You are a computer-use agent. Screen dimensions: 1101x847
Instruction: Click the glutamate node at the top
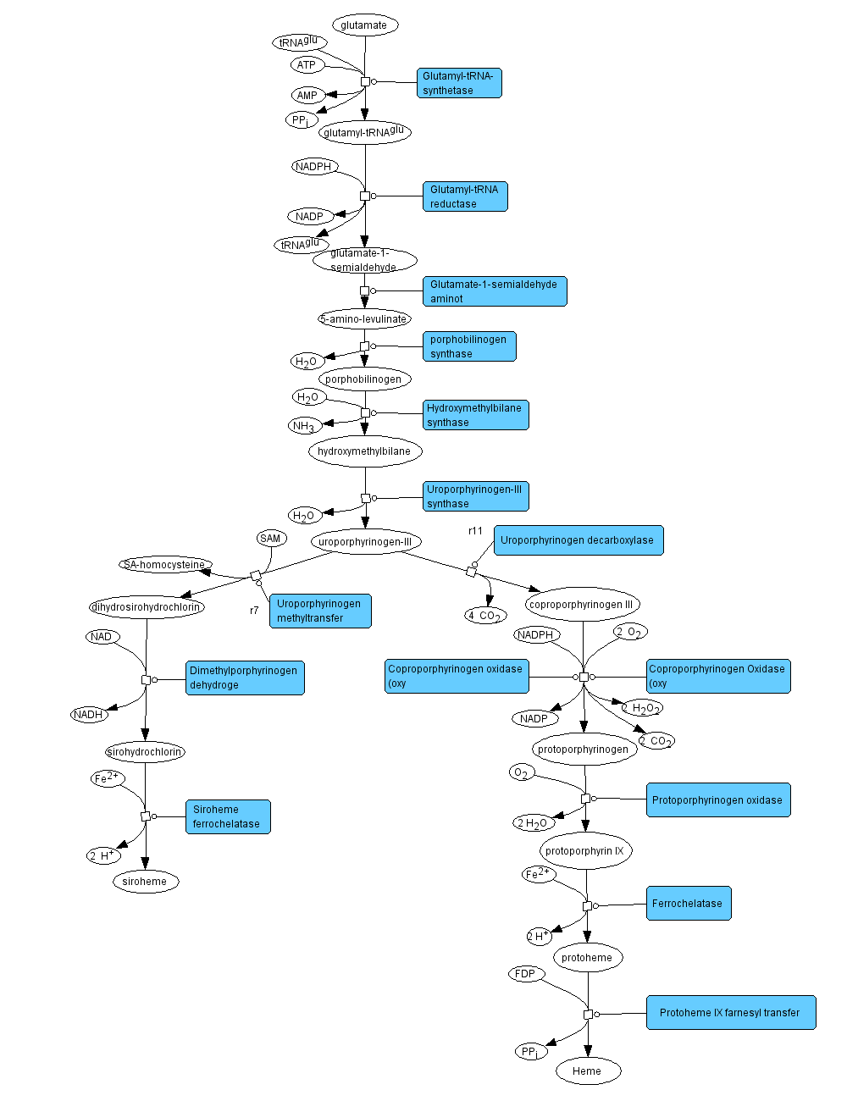coord(364,25)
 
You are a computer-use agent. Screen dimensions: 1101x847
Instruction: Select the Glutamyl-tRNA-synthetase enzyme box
coord(459,83)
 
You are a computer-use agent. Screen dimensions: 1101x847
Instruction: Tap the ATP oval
coord(307,65)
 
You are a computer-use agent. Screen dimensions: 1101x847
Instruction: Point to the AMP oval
coord(307,96)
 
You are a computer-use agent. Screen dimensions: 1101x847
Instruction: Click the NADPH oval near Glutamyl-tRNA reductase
coord(313,167)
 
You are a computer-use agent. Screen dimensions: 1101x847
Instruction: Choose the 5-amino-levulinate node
coord(364,319)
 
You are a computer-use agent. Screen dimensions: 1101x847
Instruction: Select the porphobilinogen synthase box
coord(469,346)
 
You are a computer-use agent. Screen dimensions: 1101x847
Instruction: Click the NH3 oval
coord(304,425)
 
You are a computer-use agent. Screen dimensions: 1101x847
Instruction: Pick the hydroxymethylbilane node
coord(364,451)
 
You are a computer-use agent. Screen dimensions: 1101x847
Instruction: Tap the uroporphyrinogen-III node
coord(365,542)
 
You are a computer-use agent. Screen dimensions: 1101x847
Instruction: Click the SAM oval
coord(270,539)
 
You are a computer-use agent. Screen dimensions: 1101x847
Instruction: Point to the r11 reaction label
coord(476,531)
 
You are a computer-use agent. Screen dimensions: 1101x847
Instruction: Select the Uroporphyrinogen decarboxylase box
coord(579,540)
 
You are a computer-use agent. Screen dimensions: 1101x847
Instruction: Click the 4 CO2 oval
coord(485,616)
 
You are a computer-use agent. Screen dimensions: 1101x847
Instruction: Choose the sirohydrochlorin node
coord(145,752)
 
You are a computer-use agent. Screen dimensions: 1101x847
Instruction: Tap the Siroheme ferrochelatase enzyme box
coord(228,816)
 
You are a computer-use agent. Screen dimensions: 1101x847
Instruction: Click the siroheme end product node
coord(145,882)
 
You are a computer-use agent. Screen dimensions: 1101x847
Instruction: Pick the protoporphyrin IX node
coord(585,851)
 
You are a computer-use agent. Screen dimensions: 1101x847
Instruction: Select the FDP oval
coord(525,974)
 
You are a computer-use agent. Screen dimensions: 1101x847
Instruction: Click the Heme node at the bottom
coord(587,1071)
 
